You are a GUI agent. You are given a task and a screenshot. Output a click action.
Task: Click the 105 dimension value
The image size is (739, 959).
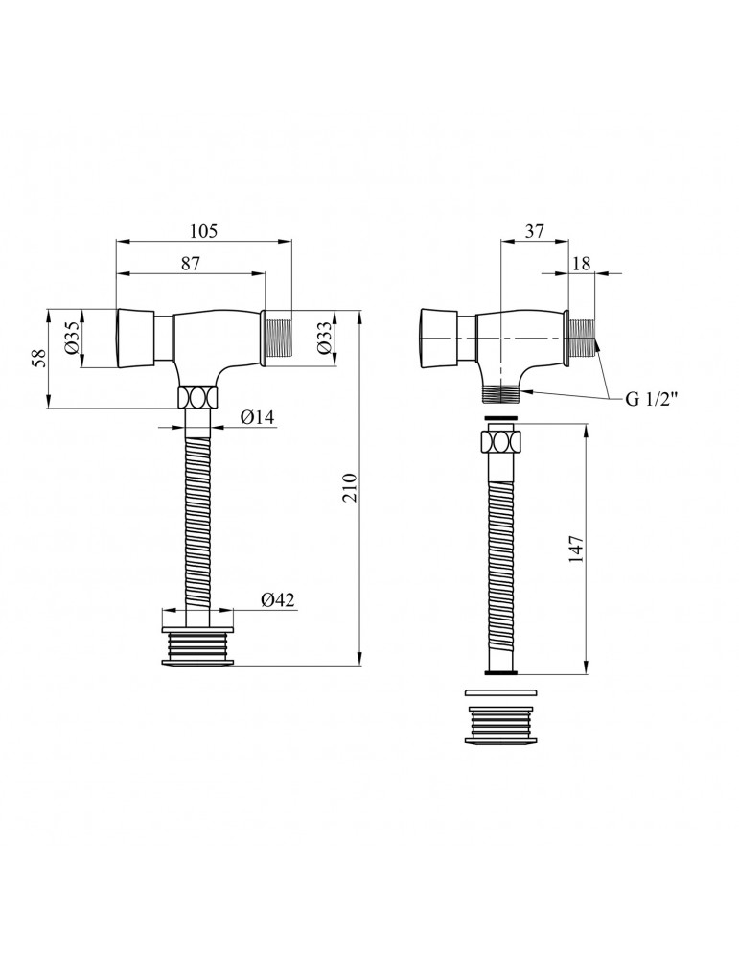click(203, 231)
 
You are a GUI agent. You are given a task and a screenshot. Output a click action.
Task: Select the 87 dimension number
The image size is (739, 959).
click(191, 264)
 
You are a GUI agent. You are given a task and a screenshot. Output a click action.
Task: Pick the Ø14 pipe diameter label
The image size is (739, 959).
click(257, 418)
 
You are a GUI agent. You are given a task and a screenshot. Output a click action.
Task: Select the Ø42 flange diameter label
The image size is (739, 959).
click(278, 600)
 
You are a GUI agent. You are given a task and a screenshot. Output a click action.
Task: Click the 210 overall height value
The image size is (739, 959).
click(349, 487)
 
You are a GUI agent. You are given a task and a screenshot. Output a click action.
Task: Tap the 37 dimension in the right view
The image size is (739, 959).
click(534, 231)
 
